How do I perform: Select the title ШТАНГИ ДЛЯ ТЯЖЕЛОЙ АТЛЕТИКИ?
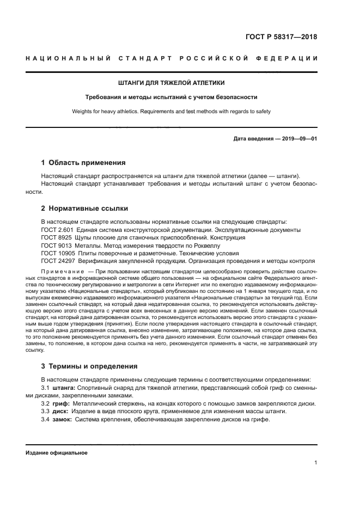tap(172, 83)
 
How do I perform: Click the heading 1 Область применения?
tap(83, 162)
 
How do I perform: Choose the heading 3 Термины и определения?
tap(89, 366)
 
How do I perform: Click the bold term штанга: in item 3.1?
tap(64, 387)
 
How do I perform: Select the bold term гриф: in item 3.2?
tap(62, 403)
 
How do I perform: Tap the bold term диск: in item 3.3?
tap(62, 411)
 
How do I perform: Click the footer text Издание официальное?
tap(56, 452)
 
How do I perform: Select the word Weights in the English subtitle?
tap(83, 111)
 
